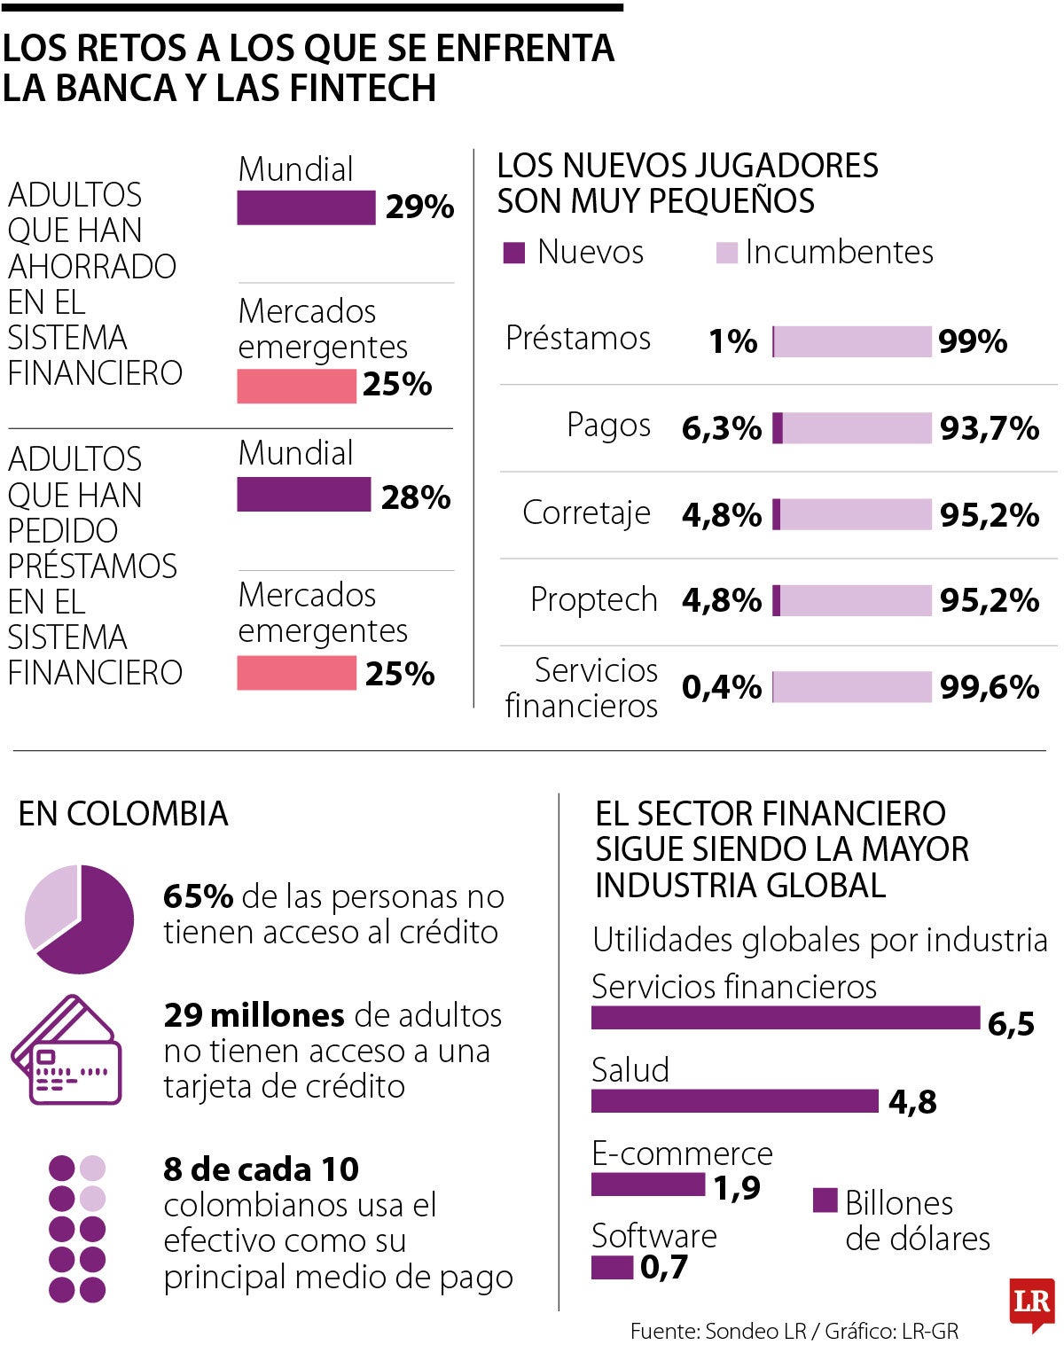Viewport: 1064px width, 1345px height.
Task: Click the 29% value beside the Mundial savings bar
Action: [x=419, y=207]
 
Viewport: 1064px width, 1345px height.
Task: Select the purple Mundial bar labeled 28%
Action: [x=303, y=495]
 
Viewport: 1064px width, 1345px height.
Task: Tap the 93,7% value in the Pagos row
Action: [x=989, y=428]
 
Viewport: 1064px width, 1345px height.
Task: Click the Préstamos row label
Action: [x=578, y=339]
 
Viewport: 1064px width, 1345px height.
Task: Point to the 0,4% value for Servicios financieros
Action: [x=721, y=687]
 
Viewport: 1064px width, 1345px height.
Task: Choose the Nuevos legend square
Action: [x=514, y=253]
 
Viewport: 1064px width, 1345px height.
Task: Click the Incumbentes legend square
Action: [x=726, y=253]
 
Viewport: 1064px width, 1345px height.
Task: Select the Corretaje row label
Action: [x=586, y=513]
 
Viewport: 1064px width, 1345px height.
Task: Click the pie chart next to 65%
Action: [x=80, y=919]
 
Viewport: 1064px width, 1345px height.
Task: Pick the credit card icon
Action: [x=67, y=1051]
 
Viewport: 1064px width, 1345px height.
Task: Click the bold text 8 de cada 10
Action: [x=261, y=1169]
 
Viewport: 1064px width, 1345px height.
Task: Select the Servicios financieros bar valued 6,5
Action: [x=785, y=1018]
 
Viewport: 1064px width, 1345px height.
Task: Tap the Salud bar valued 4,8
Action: [x=734, y=1100]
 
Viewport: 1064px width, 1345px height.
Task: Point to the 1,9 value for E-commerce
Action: [x=737, y=1187]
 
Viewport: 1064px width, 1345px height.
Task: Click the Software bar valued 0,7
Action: [x=612, y=1267]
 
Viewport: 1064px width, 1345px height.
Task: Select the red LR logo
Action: [x=1031, y=1303]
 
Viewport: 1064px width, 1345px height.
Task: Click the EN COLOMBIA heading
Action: [x=123, y=814]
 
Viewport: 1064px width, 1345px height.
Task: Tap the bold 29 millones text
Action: [x=254, y=1015]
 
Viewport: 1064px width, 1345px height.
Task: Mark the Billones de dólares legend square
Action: [x=825, y=1200]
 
